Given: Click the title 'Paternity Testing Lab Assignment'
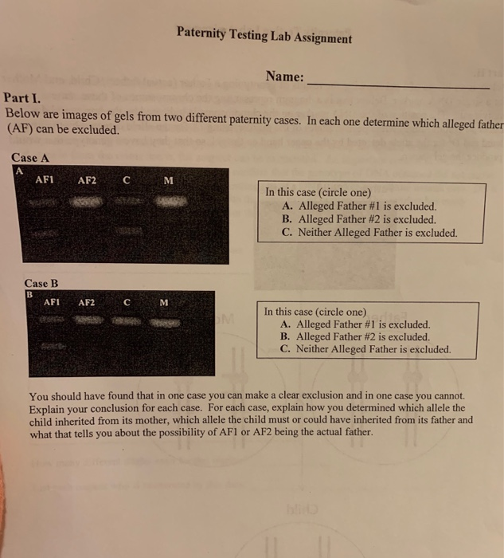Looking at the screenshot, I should click(x=264, y=37).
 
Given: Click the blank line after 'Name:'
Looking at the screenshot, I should click(x=397, y=84).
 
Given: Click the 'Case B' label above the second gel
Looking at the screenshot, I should click(x=41, y=283).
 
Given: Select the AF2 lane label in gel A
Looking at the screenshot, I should click(x=88, y=180).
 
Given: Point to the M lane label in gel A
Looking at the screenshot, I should click(x=167, y=180).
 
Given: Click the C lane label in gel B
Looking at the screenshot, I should click(x=127, y=303).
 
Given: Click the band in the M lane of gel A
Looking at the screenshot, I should click(x=167, y=204).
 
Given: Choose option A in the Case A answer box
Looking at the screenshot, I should click(x=359, y=206).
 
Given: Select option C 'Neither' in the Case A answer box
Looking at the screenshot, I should click(x=369, y=234).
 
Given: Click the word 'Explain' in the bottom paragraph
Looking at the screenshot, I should click(x=47, y=407).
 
